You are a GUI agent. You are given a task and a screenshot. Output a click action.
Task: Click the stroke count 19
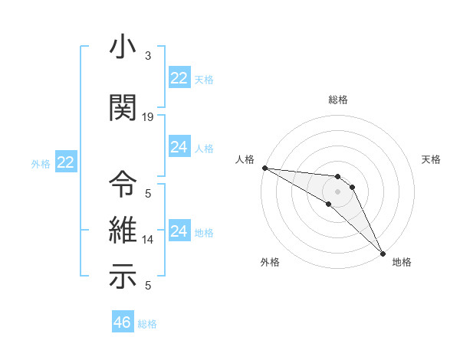point(148,116)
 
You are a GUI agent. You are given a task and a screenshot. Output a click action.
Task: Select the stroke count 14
point(148,239)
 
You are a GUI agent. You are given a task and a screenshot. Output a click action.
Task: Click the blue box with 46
point(123,322)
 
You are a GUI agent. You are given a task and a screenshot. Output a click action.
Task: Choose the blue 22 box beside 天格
point(179,78)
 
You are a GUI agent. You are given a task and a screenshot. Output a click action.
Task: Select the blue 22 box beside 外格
point(66,162)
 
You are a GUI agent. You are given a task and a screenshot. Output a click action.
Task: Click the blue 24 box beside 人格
point(179,147)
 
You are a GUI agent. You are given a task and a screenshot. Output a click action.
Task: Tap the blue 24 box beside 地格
point(179,231)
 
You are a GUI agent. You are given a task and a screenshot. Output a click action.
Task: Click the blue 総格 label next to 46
point(147,324)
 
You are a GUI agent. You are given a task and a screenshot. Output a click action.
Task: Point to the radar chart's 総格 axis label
point(338,100)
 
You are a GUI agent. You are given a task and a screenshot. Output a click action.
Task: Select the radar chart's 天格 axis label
point(432,159)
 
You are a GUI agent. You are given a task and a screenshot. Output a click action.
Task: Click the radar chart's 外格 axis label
point(270,262)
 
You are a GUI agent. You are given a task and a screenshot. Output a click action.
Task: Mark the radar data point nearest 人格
point(264,168)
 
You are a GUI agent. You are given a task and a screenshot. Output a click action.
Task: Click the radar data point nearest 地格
point(383,252)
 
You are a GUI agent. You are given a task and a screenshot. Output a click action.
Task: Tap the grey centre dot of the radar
point(338,191)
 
